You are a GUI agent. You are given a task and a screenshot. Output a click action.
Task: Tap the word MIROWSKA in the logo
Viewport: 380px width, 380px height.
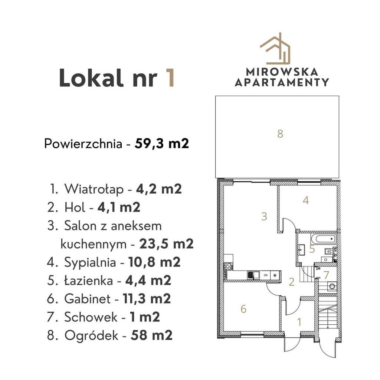pyautogui.click(x=282, y=72)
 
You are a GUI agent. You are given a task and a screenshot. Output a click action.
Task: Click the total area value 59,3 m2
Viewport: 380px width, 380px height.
pyautogui.click(x=162, y=144)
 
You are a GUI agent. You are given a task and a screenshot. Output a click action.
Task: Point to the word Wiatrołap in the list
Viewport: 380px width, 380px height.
pyautogui.click(x=94, y=189)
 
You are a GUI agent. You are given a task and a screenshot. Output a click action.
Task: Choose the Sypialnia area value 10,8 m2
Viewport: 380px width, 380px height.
pyautogui.click(x=154, y=262)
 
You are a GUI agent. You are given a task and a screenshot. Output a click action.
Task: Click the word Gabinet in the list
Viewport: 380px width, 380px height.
pyautogui.click(x=87, y=299)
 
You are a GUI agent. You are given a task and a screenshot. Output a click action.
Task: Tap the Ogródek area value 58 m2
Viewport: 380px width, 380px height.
pyautogui.click(x=151, y=335)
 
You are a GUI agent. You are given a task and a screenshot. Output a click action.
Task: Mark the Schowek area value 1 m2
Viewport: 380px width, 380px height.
pyautogui.click(x=145, y=317)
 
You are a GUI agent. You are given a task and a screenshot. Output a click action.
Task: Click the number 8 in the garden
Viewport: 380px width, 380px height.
pyautogui.click(x=280, y=134)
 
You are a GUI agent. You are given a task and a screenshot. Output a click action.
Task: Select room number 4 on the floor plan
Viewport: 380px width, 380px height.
pyautogui.click(x=306, y=200)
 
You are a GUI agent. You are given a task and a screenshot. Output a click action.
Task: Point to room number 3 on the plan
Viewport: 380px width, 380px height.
pyautogui.click(x=264, y=216)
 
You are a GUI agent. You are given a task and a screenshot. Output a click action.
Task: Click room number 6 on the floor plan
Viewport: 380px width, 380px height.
pyautogui.click(x=243, y=309)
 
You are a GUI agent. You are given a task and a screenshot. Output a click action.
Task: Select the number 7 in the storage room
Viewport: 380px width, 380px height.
pyautogui.click(x=326, y=275)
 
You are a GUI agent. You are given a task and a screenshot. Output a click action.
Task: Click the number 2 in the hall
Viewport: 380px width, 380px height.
pyautogui.click(x=292, y=282)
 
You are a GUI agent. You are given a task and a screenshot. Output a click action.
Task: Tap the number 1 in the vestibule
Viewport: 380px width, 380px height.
pyautogui.click(x=299, y=322)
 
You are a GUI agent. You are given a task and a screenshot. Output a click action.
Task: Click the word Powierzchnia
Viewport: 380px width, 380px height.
pyautogui.click(x=83, y=144)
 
